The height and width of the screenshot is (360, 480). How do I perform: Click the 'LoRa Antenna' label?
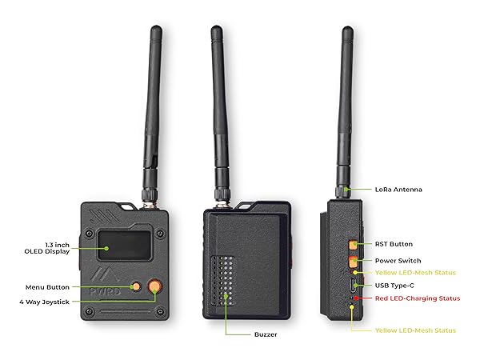pos(398,190)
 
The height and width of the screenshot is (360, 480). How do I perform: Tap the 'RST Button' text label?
pos(394,244)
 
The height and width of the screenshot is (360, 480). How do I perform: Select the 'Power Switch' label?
pos(398,261)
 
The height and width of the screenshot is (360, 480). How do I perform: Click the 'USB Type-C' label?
pos(394,286)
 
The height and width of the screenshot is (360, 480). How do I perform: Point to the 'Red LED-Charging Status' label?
pos(418,298)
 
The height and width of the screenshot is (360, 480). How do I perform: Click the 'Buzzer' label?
pos(266,334)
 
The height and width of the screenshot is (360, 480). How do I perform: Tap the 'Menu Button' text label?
pos(47,287)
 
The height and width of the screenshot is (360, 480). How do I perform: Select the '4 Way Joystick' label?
pos(44,302)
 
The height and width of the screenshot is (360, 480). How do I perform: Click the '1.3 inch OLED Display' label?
pos(47,248)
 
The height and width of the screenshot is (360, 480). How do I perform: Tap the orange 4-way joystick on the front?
pos(155,286)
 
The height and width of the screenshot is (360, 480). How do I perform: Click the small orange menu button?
pos(135,286)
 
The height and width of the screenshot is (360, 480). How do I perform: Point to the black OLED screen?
pos(124,246)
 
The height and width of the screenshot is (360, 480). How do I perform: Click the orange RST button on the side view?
pos(353,245)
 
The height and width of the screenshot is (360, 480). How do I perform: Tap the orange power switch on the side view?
pos(353,262)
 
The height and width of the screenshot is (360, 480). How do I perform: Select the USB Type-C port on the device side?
pos(354,286)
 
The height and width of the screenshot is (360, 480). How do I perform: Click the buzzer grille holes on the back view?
pos(223,281)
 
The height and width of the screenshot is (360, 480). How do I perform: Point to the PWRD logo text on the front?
pos(105,291)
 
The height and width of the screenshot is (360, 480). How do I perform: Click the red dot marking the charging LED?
pos(356,298)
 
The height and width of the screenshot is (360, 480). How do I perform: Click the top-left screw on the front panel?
pos(89,234)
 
